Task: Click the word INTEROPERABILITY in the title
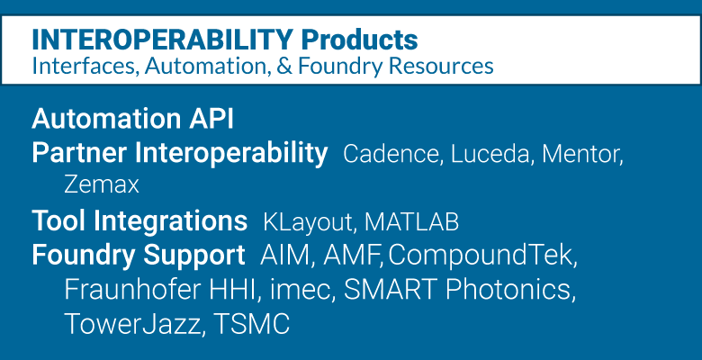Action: [x=163, y=40]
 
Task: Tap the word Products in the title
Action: [x=359, y=40]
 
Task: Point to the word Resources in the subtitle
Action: [x=441, y=66]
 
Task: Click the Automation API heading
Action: [x=132, y=119]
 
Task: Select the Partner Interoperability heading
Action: [x=179, y=154]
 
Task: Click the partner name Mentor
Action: [x=582, y=154]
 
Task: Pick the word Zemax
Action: [x=102, y=184]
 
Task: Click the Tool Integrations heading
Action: [x=139, y=221]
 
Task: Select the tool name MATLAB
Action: [x=411, y=221]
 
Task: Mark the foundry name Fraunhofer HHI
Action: [x=163, y=290]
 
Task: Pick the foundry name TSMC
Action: [x=252, y=324]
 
